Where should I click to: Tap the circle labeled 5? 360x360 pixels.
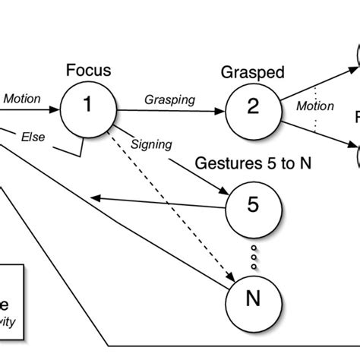(253, 206)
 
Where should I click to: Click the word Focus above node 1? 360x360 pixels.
(88, 72)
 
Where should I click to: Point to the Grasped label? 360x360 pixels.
(252, 73)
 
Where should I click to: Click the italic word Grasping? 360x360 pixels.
(169, 99)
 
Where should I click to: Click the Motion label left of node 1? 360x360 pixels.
(22, 98)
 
